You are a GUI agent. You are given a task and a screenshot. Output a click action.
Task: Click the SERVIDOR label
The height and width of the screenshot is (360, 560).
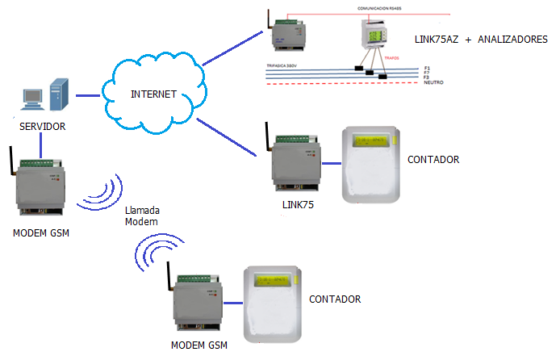click(x=43, y=127)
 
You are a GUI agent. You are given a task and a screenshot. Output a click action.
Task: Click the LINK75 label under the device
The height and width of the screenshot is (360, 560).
click(x=298, y=207)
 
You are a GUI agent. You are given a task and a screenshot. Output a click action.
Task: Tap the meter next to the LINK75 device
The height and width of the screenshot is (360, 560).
click(x=370, y=165)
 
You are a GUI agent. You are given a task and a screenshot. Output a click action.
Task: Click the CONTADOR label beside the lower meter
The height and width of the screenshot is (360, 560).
click(x=334, y=299)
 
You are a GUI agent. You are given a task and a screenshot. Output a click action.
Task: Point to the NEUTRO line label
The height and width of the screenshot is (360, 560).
click(x=434, y=83)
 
